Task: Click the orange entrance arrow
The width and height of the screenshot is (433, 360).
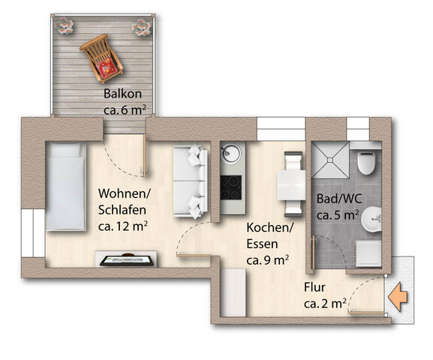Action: click(x=398, y=297)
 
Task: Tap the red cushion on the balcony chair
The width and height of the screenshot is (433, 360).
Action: click(x=106, y=67)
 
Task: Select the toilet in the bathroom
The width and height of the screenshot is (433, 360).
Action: click(x=366, y=162)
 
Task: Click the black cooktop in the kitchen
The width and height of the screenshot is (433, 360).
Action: click(x=231, y=187)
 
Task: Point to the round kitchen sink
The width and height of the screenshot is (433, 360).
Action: click(x=231, y=153)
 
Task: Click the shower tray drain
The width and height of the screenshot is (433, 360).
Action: click(x=330, y=160)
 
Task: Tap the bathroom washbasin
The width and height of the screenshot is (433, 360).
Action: click(x=371, y=220)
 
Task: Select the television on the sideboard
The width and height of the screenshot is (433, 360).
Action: click(x=127, y=260)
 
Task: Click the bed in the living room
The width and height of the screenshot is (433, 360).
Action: click(x=66, y=186)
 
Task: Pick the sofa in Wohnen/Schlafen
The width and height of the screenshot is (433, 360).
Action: click(x=191, y=181)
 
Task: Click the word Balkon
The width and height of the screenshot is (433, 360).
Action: click(x=122, y=94)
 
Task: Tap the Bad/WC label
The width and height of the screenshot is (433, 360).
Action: click(x=339, y=199)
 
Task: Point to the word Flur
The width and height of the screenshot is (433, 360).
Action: click(x=314, y=287)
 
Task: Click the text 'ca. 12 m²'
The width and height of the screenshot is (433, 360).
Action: click(x=123, y=226)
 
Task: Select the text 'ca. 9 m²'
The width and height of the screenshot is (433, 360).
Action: click(x=268, y=260)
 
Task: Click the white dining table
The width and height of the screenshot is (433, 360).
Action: click(x=291, y=185)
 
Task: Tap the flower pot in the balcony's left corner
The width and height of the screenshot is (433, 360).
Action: click(x=64, y=26)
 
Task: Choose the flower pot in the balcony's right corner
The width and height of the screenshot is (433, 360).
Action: click(x=142, y=27)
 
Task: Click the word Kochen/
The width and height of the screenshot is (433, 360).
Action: click(x=270, y=227)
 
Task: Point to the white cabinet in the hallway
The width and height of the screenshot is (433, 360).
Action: click(x=233, y=292)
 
